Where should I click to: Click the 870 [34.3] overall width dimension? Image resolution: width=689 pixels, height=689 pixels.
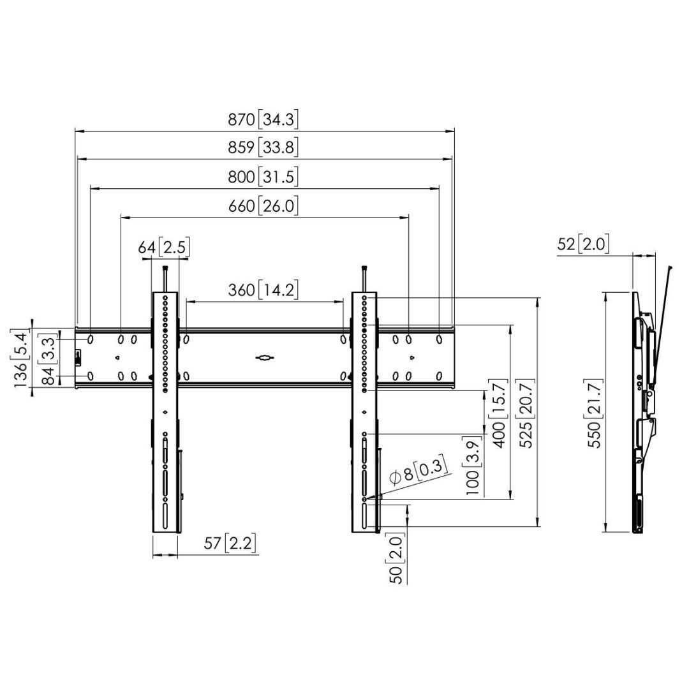(x=263, y=119)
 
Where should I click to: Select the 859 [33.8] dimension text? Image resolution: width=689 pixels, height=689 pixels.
(x=263, y=148)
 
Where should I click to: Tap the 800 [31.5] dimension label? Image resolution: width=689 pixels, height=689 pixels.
(x=263, y=177)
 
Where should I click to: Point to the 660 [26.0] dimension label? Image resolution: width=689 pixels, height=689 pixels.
(x=263, y=206)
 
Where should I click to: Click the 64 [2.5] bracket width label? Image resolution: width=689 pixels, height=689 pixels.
(x=164, y=247)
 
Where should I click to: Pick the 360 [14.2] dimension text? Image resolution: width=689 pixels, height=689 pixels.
(x=263, y=290)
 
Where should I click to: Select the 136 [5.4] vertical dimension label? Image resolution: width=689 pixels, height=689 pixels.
(x=22, y=359)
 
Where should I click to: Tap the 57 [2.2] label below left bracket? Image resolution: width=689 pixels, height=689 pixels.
(x=230, y=544)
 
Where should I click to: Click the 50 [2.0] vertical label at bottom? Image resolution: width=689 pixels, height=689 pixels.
(x=397, y=560)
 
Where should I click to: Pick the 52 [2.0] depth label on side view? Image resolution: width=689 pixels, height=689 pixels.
(x=583, y=244)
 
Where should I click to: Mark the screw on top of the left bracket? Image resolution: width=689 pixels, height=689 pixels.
(x=165, y=278)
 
